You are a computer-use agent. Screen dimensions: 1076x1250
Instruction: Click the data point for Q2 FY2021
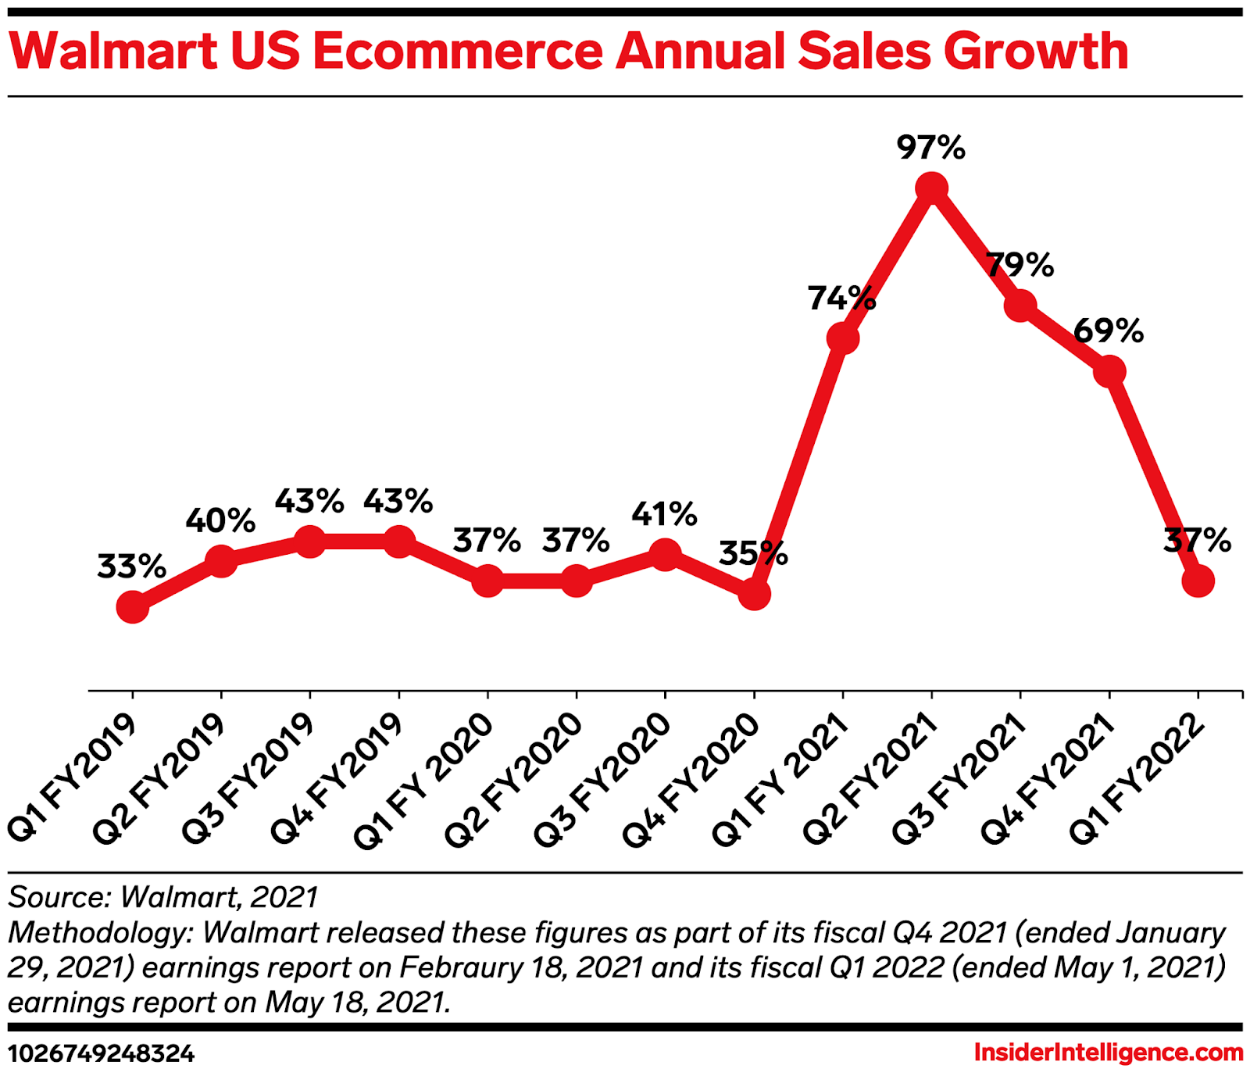[x=931, y=188]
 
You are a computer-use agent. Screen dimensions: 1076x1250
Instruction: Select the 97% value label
[x=931, y=147]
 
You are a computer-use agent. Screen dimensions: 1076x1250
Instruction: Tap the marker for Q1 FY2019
[x=133, y=606]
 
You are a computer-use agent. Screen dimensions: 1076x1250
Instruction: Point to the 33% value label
[x=132, y=567]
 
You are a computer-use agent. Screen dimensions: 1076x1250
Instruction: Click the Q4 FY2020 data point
[x=754, y=594]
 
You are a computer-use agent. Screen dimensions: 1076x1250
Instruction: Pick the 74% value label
[x=841, y=298]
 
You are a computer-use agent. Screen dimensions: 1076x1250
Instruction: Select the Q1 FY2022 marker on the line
[x=1198, y=581]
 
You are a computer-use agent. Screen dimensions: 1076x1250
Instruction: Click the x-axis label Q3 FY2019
[x=248, y=778]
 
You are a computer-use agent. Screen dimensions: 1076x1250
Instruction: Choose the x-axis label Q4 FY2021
[x=1048, y=778]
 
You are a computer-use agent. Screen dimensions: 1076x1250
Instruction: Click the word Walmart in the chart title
[x=114, y=52]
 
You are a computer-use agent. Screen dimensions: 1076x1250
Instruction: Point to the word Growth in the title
[x=1036, y=52]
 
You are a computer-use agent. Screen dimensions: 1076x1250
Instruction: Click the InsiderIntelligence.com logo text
[x=1108, y=1053]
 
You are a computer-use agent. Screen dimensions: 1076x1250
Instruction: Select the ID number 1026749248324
[x=102, y=1053]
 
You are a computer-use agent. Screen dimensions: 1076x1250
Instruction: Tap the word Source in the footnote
[x=59, y=897]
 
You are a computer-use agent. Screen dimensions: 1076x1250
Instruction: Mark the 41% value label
[x=664, y=514]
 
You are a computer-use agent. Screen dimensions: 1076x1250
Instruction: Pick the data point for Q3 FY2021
[x=1020, y=305]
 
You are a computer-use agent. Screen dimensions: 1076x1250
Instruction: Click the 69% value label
[x=1109, y=331]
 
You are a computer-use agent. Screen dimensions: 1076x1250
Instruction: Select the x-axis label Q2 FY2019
[x=159, y=778]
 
